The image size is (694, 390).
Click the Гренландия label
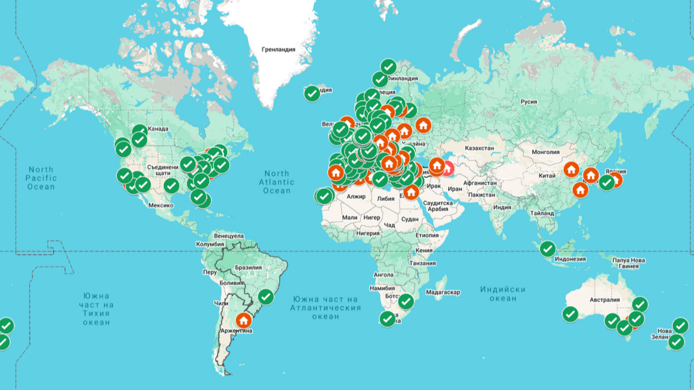(x=278, y=49)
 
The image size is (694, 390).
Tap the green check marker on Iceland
(x=311, y=93)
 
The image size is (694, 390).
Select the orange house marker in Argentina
(x=243, y=320)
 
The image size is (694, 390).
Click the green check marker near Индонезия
(x=548, y=248)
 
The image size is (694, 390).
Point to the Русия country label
(x=528, y=102)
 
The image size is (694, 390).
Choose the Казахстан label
(x=480, y=148)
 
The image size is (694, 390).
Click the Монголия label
(x=545, y=152)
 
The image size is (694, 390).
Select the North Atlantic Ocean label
(x=277, y=182)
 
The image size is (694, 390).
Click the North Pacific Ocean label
(x=41, y=178)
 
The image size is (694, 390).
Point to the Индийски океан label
(x=502, y=294)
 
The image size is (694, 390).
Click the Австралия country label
(x=604, y=300)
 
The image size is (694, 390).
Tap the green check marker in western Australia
(x=570, y=314)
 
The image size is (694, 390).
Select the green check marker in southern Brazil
(x=266, y=296)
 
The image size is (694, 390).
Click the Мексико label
(x=161, y=205)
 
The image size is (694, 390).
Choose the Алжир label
(x=356, y=197)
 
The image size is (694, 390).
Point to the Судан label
(x=410, y=219)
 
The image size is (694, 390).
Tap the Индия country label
(x=502, y=208)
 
